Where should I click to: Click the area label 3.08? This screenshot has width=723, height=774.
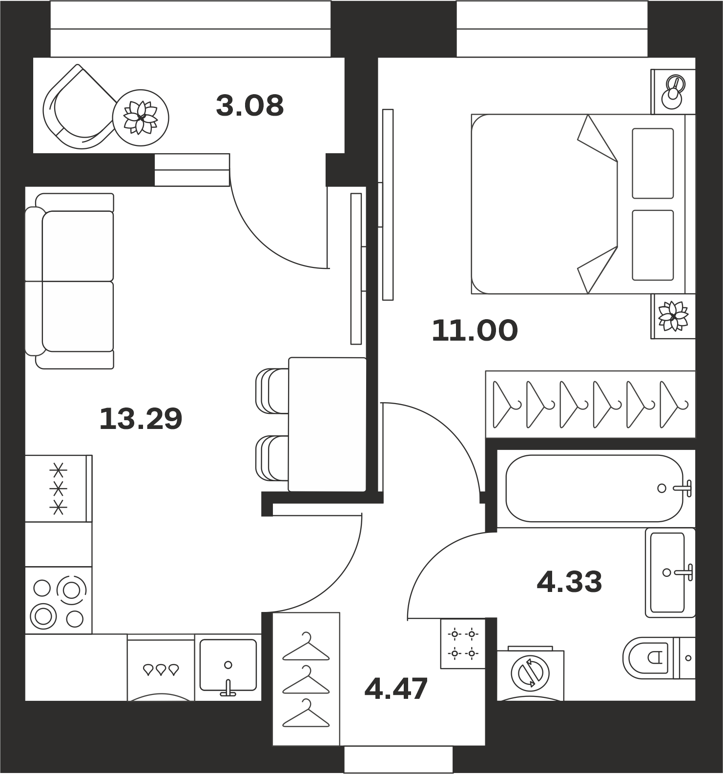[249, 105]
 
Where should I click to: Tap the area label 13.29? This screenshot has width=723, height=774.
[141, 419]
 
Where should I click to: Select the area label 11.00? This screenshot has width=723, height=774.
[475, 330]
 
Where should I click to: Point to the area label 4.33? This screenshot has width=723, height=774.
[569, 582]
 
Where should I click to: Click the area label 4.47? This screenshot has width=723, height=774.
[396, 688]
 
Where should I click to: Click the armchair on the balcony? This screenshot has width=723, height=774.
[78, 105]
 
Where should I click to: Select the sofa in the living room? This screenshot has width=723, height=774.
[69, 281]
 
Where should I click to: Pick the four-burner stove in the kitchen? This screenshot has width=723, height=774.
[58, 600]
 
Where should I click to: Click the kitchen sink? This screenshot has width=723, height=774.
[228, 667]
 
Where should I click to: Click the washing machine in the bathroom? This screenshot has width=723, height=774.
[530, 673]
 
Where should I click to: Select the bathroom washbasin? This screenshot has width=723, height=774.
[670, 572]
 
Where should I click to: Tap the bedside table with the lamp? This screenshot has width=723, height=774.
[673, 91]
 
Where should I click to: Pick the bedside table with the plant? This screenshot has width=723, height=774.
[673, 316]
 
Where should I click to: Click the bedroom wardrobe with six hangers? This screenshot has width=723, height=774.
[590, 404]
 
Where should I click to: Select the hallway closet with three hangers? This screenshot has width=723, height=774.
[306, 679]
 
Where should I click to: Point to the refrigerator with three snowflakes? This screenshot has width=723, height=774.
[58, 489]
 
